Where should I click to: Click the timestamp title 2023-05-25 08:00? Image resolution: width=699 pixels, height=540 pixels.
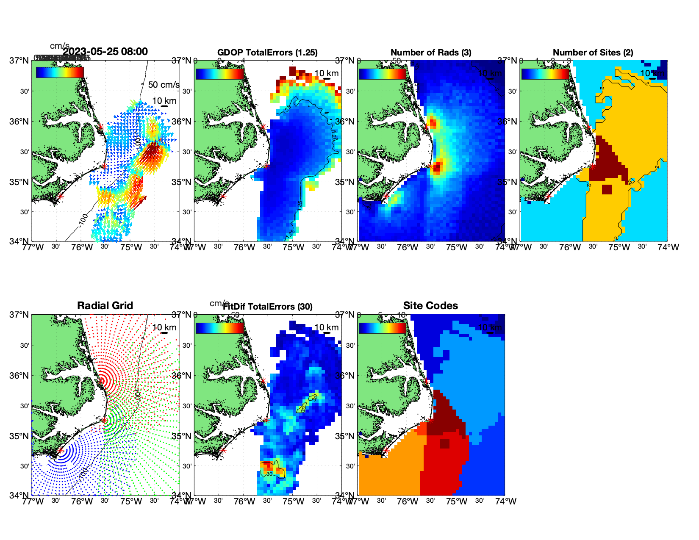tap(105, 52)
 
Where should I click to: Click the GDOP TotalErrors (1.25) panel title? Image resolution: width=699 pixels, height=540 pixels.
tap(267, 53)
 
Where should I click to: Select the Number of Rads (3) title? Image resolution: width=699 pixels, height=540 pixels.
tap(431, 53)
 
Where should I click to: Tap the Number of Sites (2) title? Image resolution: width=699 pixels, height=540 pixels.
tap(593, 53)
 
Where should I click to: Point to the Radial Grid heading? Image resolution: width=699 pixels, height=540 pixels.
tap(105, 306)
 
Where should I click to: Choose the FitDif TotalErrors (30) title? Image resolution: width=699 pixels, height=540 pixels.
tap(268, 307)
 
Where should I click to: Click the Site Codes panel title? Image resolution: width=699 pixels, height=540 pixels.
tap(430, 306)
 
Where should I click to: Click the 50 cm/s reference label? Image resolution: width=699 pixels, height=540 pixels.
tap(164, 85)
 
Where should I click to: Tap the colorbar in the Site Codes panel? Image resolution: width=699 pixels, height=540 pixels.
tap(382, 328)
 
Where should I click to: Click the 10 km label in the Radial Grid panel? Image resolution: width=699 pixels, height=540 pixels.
tap(164, 327)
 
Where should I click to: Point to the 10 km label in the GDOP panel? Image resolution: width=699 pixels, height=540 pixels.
tap(327, 73)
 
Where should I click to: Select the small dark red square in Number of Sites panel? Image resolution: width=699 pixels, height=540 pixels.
tap(607, 189)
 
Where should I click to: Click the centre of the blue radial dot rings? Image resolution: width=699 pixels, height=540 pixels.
tap(61, 451)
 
